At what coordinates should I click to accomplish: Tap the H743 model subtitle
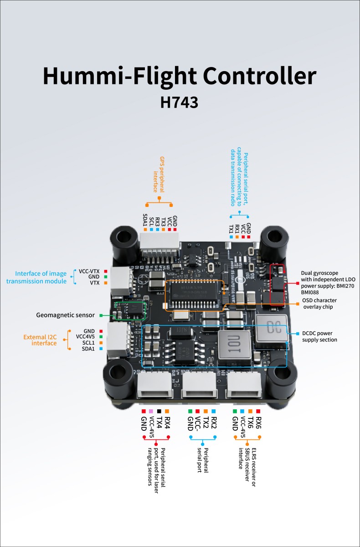click(179, 102)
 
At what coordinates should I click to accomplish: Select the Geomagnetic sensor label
click(66, 315)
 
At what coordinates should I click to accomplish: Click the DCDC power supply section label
click(319, 336)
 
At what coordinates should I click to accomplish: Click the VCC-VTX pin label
click(89, 271)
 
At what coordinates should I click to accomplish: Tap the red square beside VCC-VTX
click(105, 271)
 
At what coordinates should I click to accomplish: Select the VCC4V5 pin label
click(86, 337)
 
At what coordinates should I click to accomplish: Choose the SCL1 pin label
click(89, 343)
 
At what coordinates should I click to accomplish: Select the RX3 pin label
click(157, 221)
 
